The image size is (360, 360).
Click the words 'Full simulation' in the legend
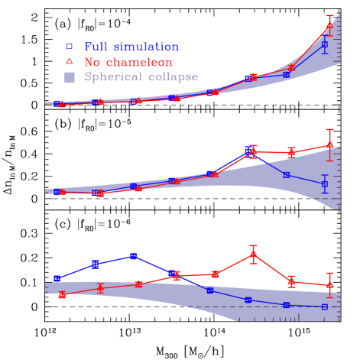[131, 47]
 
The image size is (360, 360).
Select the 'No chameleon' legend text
[128, 62]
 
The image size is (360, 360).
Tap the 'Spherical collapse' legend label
[141, 77]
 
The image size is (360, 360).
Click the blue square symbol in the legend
[70, 47]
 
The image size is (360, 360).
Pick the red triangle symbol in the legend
[70, 61]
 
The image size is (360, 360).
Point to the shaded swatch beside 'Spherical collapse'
[70, 77]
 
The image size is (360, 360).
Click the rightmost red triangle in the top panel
[329, 26]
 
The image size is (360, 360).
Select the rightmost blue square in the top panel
[325, 44]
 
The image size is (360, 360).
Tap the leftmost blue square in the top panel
[57, 103]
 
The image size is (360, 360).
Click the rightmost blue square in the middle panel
[325, 184]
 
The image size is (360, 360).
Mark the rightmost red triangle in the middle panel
[329, 145]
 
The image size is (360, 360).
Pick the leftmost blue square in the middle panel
[57, 192]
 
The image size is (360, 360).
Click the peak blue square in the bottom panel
[133, 256]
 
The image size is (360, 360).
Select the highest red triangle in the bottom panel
[253, 254]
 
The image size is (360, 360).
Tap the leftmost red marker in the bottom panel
[62, 295]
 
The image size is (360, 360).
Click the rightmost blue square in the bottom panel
[325, 306]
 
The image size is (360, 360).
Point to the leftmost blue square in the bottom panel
[57, 279]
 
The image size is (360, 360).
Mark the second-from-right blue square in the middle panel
[286, 175]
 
